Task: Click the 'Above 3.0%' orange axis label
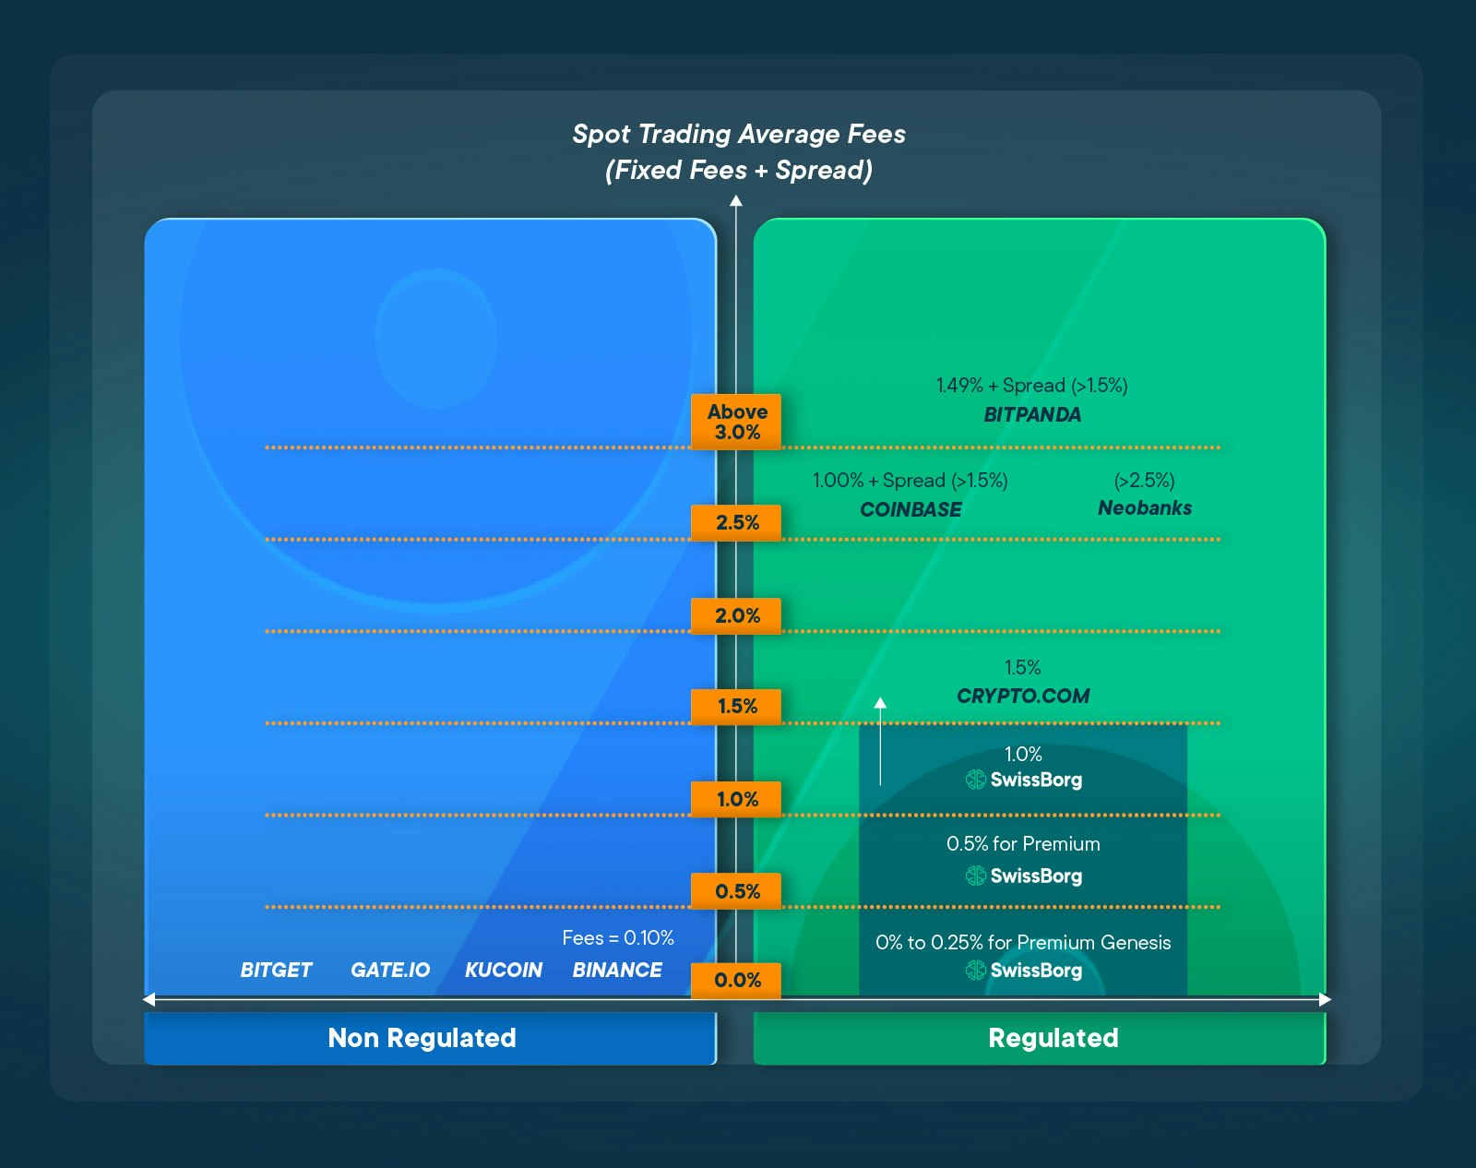(x=736, y=422)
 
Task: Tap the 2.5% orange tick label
(x=736, y=522)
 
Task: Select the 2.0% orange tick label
(x=736, y=615)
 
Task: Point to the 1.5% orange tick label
(x=736, y=707)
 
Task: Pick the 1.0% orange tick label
(x=736, y=799)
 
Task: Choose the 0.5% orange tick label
(x=736, y=891)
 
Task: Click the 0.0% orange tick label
(x=736, y=980)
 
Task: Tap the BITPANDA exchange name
(x=1032, y=415)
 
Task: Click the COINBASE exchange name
(x=911, y=509)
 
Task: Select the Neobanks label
(x=1145, y=508)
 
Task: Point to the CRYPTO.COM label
(x=1023, y=697)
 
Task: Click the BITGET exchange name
(x=276, y=971)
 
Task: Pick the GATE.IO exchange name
(x=390, y=971)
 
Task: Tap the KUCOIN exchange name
(x=504, y=971)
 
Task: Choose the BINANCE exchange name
(x=617, y=971)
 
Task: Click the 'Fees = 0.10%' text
(x=618, y=938)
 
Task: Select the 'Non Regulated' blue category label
(x=422, y=1038)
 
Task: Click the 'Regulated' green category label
(x=1053, y=1038)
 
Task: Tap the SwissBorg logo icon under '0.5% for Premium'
(x=975, y=876)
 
